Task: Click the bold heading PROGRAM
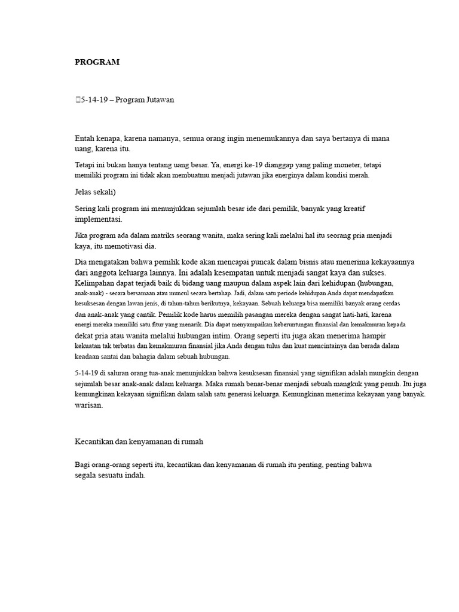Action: (97, 62)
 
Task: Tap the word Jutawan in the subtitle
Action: (158, 100)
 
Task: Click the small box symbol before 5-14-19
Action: (77, 100)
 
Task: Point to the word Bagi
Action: (83, 464)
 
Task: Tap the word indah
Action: (134, 476)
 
